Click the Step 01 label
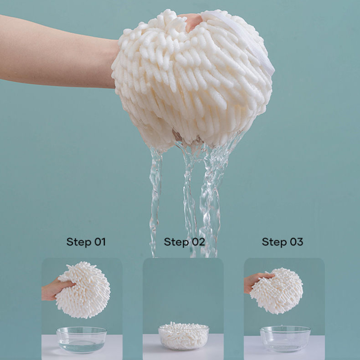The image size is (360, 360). (86, 242)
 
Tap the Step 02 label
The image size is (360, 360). (184, 242)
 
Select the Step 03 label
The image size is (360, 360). (283, 242)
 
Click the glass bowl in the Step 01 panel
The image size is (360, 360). (81, 340)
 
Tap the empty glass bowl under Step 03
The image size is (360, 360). (285, 339)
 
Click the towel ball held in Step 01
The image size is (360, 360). (83, 290)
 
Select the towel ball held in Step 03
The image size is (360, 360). (277, 291)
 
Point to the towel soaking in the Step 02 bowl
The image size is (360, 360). (184, 335)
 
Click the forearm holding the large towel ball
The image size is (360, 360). (58, 52)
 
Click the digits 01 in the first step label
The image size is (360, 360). (100, 242)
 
